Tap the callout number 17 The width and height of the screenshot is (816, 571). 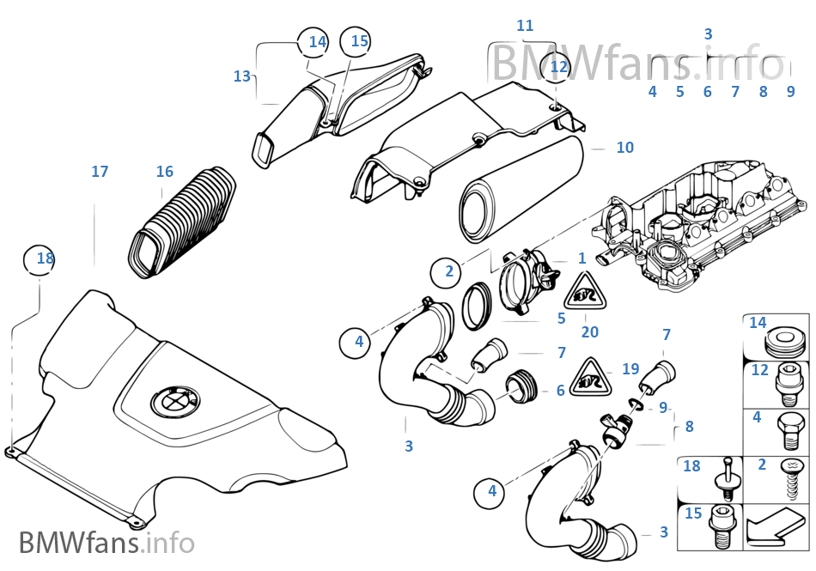100,172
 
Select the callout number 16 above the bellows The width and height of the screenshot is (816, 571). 164,172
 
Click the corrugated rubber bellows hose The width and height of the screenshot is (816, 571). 185,222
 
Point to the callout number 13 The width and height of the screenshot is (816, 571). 241,76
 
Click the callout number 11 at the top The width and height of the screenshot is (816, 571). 525,26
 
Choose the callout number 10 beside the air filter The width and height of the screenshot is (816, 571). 624,148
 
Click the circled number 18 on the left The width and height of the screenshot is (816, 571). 40,258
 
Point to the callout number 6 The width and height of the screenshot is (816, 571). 560,391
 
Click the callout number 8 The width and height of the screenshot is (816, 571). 689,426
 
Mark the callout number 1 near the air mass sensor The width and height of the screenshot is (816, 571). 582,258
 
